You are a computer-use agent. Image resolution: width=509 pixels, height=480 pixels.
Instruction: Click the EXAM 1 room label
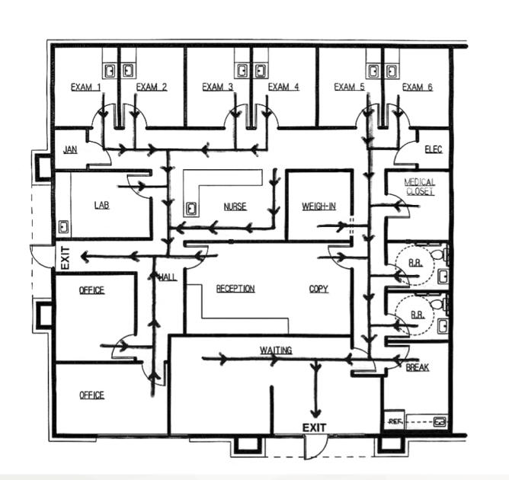pos(85,88)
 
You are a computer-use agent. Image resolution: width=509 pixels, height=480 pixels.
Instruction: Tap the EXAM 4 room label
pos(283,87)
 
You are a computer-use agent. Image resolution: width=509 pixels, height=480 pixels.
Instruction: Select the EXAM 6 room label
pos(417,87)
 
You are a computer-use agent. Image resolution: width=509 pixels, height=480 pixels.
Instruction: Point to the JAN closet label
pos(70,149)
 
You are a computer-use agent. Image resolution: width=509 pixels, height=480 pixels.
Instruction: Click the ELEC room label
pos(434,149)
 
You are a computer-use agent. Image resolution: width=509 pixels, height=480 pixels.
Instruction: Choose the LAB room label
pos(101,205)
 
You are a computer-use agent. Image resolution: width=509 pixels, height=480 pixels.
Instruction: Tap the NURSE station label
pos(235,206)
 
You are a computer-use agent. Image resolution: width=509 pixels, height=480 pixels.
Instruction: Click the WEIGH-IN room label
pos(319,206)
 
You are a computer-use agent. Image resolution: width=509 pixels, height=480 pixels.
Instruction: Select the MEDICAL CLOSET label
pos(419,187)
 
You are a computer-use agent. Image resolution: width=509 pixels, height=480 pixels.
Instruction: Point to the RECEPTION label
pos(235,289)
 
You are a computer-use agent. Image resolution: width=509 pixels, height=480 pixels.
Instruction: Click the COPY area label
pos(319,289)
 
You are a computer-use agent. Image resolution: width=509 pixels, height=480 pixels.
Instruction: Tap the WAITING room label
pos(276,350)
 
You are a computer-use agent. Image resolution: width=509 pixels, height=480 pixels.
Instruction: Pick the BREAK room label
pos(418,367)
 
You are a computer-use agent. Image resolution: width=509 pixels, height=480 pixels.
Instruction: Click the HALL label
pos(168,277)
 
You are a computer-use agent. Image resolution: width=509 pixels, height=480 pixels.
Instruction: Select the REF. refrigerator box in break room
pos(394,420)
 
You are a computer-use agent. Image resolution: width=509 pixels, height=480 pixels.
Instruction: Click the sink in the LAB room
pos(63,226)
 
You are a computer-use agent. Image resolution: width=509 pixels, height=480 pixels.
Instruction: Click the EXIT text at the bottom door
pos(314,427)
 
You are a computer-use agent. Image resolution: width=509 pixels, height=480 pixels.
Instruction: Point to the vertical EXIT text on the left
pos(66,258)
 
